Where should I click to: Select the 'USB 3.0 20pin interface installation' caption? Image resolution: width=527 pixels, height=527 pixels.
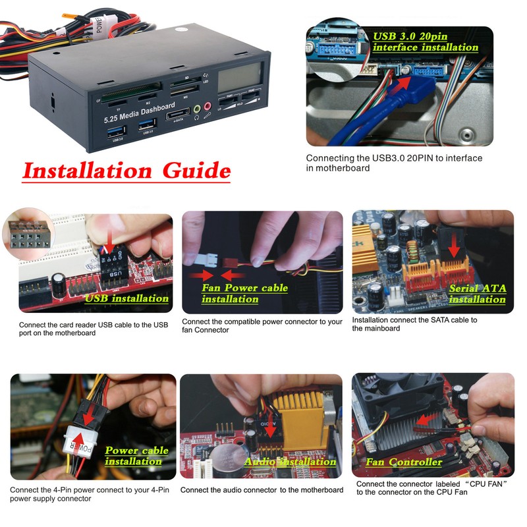425,42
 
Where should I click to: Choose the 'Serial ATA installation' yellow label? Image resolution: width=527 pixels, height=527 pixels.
477,294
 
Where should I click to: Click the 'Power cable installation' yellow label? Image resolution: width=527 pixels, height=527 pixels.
136,456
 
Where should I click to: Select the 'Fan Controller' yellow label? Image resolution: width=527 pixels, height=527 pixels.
403,462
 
